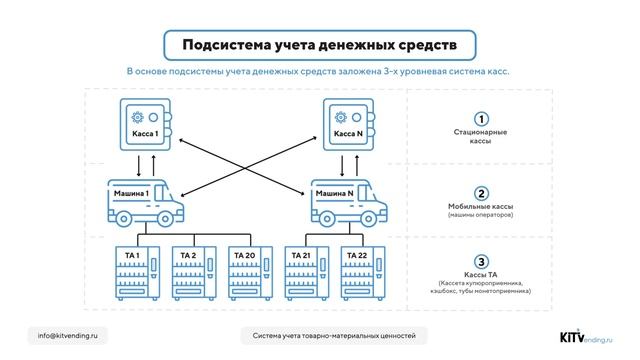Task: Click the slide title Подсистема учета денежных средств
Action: click(319, 45)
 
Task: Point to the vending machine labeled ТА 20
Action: click(251, 272)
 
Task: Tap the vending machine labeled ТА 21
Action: click(307, 272)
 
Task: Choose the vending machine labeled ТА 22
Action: click(362, 272)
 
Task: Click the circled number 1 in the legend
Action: click(481, 119)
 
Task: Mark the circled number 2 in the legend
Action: click(481, 193)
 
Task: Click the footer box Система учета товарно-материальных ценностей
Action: click(340, 335)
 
